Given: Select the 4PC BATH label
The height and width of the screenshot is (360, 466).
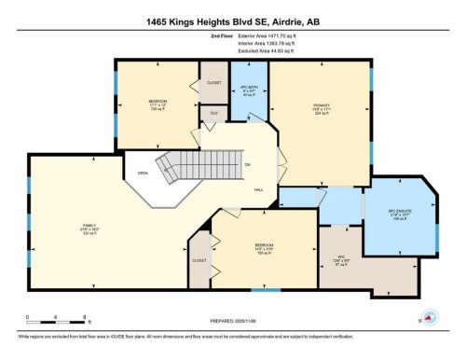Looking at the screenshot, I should [x=249, y=90].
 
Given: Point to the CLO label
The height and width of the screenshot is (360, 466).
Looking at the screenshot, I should [x=213, y=114].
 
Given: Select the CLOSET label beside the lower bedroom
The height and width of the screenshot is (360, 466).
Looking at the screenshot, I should [x=199, y=260].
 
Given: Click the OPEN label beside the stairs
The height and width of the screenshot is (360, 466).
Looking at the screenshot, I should [x=143, y=173].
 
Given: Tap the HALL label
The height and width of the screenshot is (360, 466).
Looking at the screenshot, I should [x=259, y=189].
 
